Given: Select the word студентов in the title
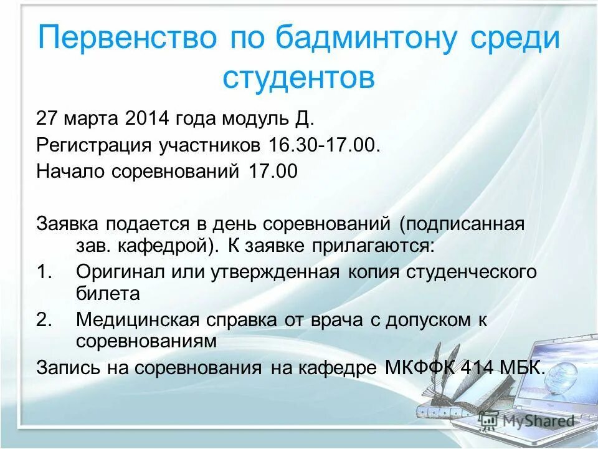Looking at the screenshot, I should coord(299,79).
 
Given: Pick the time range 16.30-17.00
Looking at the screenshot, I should coord(324,145).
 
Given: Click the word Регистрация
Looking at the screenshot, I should coord(94,145).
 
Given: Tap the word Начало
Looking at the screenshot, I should coord(71,171).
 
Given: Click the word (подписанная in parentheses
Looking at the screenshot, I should coord(462,224).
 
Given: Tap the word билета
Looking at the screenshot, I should coord(108,293).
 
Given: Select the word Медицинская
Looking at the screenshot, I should coord(138,320).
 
